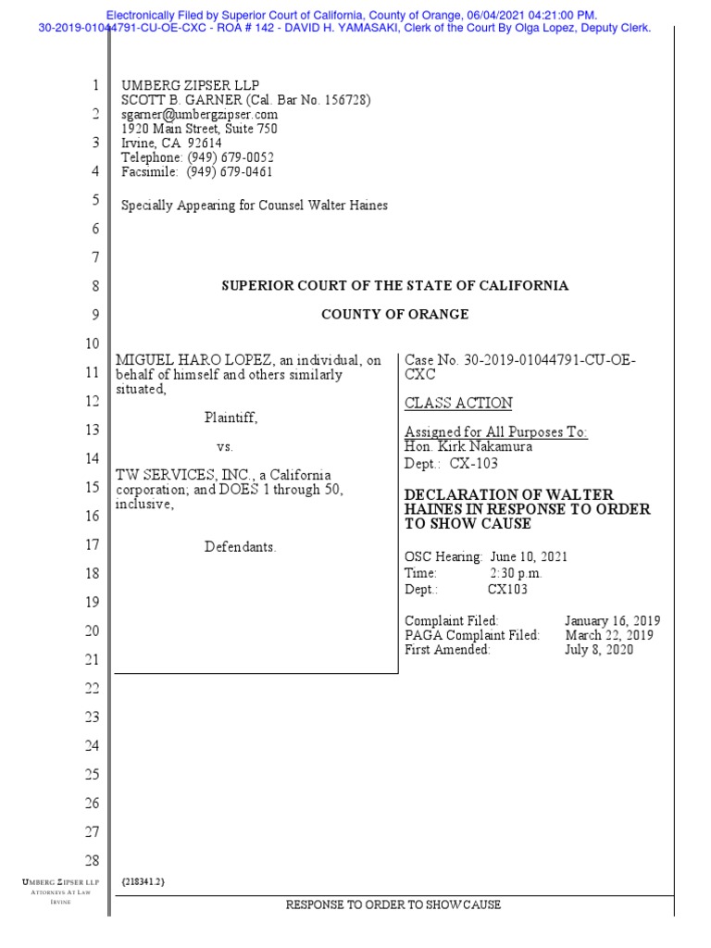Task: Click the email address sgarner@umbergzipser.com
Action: pyautogui.click(x=200, y=115)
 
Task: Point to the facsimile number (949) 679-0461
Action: pyautogui.click(x=230, y=172)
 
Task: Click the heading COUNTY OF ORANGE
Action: pyautogui.click(x=394, y=315)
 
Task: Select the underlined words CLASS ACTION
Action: pyautogui.click(x=458, y=404)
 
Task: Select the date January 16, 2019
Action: pyautogui.click(x=612, y=620)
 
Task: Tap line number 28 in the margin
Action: pyautogui.click(x=92, y=861)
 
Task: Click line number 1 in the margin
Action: pyautogui.click(x=94, y=86)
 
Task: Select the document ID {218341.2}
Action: pyautogui.click(x=143, y=882)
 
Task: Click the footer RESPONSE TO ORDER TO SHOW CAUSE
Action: pyautogui.click(x=393, y=904)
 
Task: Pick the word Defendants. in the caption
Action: pyautogui.click(x=241, y=547)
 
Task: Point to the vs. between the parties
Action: pyautogui.click(x=225, y=446)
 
